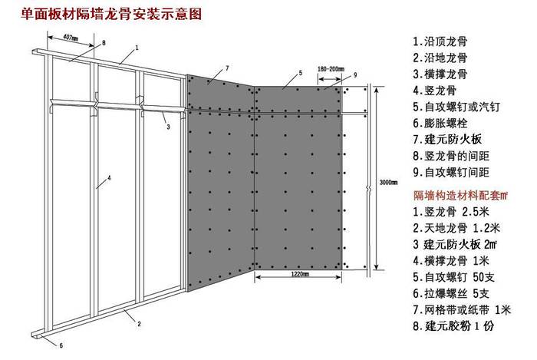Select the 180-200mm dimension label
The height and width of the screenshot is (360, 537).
pos(328,68)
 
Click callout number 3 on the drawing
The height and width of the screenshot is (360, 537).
pos(167,127)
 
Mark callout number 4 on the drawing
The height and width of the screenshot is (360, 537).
pos(110,178)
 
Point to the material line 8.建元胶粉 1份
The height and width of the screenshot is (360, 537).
pos(456,328)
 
